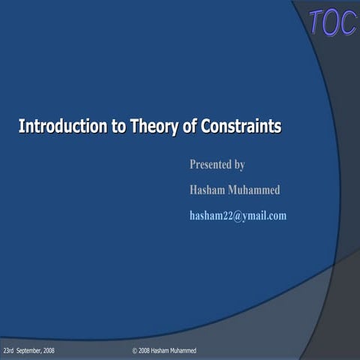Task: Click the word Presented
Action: pos(211,165)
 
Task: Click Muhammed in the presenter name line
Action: pos(256,190)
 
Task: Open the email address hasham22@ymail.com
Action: pos(238,216)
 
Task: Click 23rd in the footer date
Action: pos(10,351)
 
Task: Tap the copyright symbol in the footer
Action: pos(134,351)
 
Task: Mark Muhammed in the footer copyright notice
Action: pos(182,351)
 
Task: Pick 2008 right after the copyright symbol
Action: pos(144,351)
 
